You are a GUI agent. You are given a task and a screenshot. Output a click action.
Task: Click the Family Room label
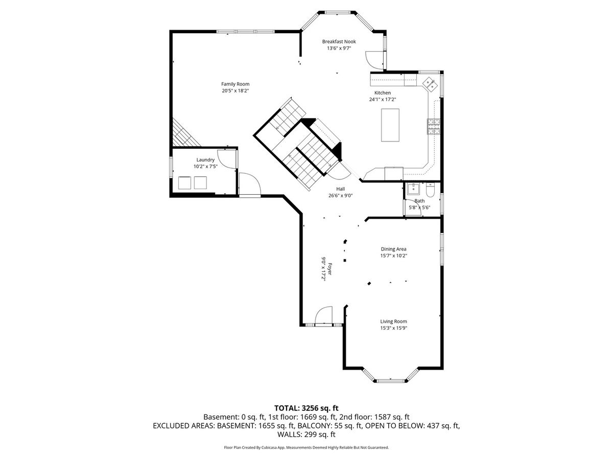(235, 84)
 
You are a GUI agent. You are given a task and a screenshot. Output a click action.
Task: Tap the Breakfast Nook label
(339, 41)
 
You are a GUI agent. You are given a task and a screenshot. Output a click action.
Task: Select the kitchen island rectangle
(390, 125)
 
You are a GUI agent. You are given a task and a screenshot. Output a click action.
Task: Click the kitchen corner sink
(430, 84)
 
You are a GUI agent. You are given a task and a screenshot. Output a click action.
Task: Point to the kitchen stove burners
(433, 127)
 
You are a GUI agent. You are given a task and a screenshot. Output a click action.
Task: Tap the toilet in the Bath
(430, 190)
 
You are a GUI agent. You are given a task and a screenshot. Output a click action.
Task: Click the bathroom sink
(413, 189)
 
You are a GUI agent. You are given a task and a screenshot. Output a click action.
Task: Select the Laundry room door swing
(227, 159)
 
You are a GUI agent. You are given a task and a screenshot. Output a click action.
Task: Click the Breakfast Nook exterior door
(375, 60)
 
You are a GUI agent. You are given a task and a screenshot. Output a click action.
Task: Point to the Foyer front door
(324, 315)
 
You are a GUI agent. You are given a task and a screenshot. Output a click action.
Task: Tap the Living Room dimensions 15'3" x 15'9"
(393, 328)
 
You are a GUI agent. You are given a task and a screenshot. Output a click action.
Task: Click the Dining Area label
(393, 249)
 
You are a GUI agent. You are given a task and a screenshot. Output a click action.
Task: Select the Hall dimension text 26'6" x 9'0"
(340, 196)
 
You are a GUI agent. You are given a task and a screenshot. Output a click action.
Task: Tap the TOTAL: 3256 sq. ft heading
(306, 408)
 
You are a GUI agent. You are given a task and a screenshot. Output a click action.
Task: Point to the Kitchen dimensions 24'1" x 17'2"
(383, 100)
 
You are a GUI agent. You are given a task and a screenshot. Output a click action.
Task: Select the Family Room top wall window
(246, 32)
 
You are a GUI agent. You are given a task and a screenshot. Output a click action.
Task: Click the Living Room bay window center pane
(390, 380)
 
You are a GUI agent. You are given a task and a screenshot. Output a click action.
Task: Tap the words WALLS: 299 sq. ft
(306, 434)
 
